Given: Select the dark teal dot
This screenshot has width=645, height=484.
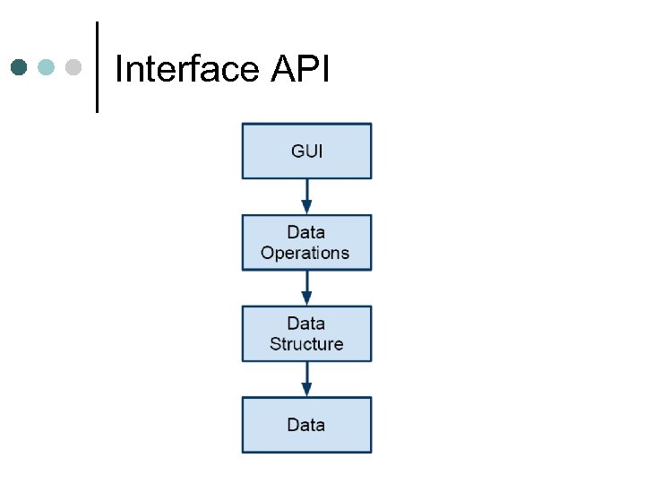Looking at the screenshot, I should [19, 67].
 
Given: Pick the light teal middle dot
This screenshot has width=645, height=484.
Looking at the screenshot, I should [47, 67].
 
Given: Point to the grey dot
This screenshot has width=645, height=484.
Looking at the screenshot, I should [74, 67].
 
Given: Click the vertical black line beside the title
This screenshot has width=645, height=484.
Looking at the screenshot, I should [97, 67].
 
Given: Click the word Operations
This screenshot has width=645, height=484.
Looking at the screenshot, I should [305, 253].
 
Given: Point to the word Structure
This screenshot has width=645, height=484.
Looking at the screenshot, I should [306, 344].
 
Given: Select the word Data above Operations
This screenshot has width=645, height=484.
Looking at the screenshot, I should [306, 232].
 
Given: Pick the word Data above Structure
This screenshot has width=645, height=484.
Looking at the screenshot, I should [306, 324].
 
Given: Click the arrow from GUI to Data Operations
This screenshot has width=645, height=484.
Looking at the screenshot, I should [306, 196].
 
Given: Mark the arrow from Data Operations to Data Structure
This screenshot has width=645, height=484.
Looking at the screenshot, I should [306, 288].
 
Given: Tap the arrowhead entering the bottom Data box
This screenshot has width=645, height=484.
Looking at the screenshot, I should [306, 390].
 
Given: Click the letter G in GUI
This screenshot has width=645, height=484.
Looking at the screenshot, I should [297, 151].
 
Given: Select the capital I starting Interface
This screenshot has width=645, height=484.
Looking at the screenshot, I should [119, 69].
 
